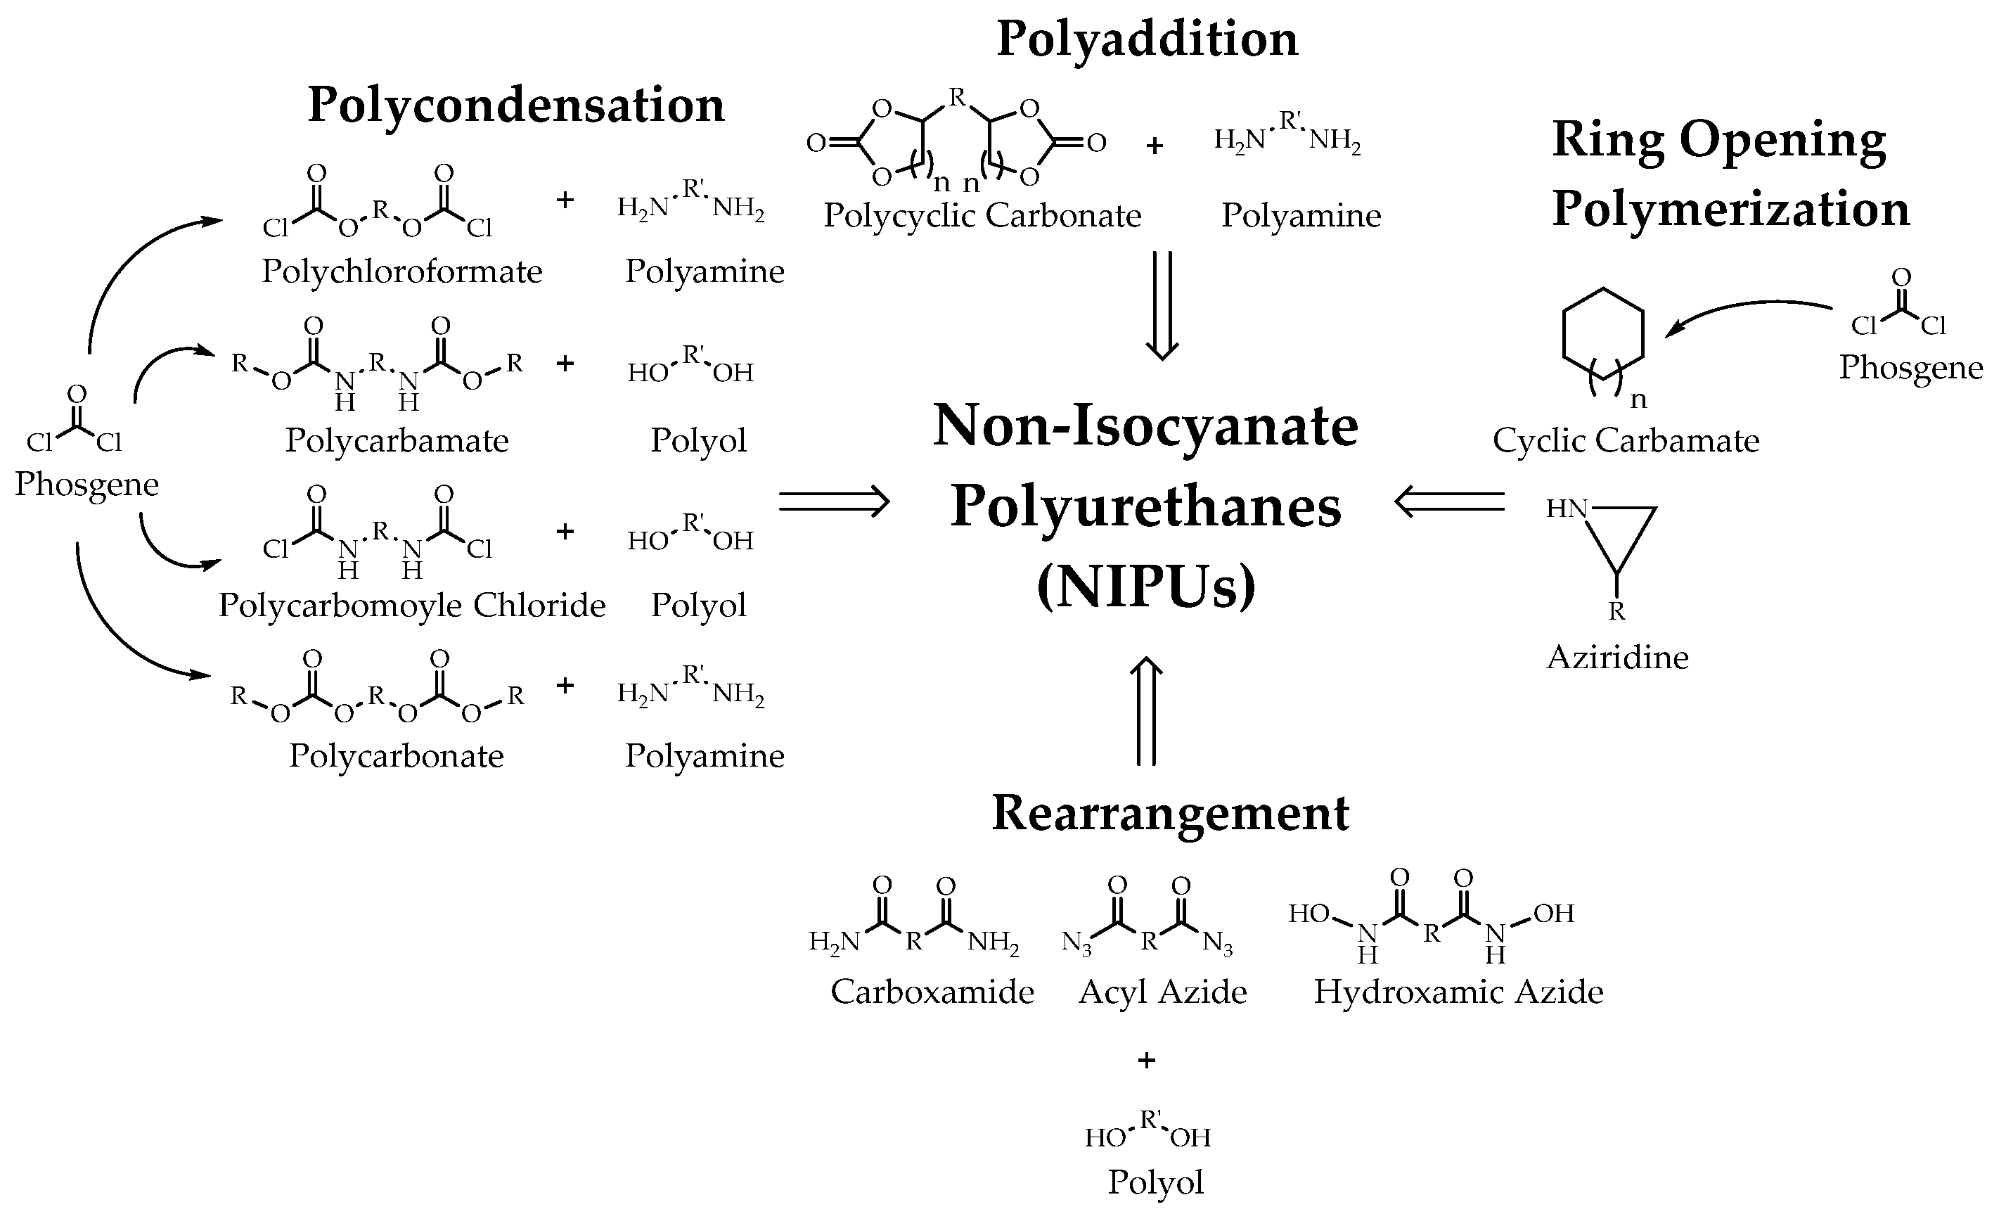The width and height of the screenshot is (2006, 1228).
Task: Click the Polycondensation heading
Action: (x=516, y=106)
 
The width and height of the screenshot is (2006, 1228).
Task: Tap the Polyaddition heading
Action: (x=1147, y=39)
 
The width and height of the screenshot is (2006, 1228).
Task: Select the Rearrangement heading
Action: (x=1170, y=814)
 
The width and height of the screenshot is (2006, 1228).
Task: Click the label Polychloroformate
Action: (x=401, y=271)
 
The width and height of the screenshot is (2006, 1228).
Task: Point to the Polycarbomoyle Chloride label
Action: (x=412, y=605)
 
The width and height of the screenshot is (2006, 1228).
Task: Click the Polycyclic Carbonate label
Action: (x=982, y=216)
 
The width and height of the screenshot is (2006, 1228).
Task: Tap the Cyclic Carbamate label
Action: (x=1625, y=440)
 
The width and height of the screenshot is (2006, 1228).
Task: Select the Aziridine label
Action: (x=1617, y=657)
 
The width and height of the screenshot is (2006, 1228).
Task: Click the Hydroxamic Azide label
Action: (x=1458, y=992)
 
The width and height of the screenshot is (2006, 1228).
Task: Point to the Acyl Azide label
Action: (x=1162, y=992)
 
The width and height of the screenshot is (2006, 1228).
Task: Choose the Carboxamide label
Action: (x=932, y=992)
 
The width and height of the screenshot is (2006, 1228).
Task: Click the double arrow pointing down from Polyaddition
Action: (x=1162, y=305)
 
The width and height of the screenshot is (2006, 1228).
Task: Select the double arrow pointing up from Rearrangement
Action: (x=1146, y=711)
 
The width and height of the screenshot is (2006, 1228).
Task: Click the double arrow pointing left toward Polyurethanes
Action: (x=1449, y=502)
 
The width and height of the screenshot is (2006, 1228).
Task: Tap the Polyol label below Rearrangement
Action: (x=1155, y=1182)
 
